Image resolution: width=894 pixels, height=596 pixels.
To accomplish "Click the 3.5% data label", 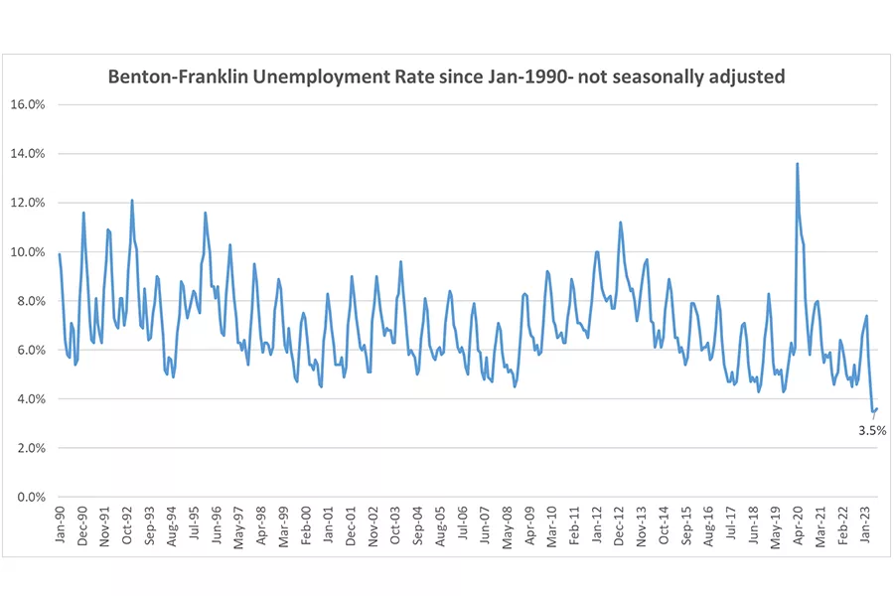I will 871,430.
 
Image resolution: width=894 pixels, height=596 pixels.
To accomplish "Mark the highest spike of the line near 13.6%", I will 797,165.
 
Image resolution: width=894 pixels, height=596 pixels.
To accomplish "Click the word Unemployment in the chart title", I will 328,76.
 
